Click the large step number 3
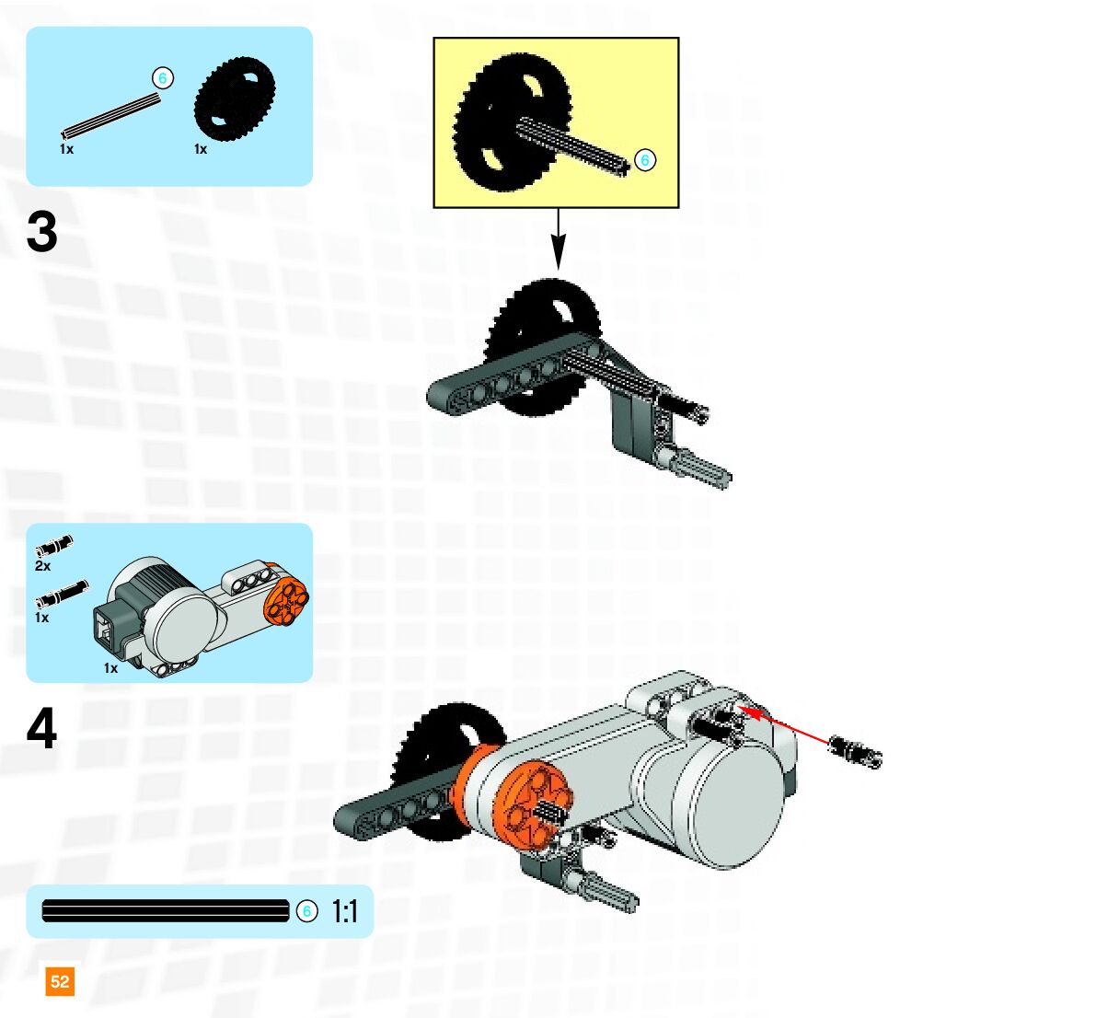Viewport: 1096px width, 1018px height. coord(42,233)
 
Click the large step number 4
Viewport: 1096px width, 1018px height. coord(42,729)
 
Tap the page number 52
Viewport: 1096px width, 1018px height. coord(60,981)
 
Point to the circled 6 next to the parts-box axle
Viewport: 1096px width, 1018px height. coord(163,78)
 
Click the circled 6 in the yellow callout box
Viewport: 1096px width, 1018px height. coord(645,160)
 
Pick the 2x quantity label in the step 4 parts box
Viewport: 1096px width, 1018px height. coord(42,566)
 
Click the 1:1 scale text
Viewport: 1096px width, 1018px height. coord(344,912)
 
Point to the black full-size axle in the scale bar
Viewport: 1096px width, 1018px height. coord(166,911)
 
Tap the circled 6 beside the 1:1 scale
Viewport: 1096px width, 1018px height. coord(306,911)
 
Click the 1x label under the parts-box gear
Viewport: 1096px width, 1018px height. coord(201,149)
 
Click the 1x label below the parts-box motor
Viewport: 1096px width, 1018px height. coord(110,668)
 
